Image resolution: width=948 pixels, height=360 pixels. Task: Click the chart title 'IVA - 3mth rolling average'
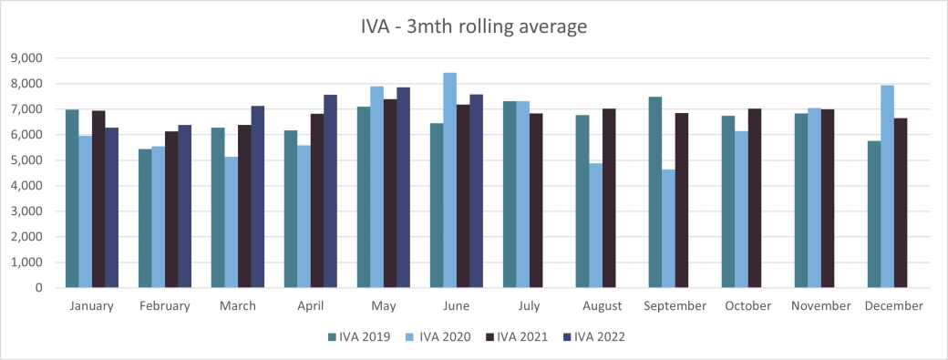(x=473, y=26)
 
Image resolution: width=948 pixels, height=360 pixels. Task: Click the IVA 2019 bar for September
(x=654, y=192)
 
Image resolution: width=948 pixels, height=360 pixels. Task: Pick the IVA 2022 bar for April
(x=330, y=191)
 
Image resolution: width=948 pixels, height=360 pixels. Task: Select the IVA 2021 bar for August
(x=609, y=199)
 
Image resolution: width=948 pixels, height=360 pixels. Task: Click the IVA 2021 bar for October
(x=755, y=199)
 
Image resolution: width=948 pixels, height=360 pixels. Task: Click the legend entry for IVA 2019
(x=359, y=337)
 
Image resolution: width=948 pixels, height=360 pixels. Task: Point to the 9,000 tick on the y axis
(x=30, y=58)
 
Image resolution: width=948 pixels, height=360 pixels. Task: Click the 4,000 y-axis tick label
(x=30, y=186)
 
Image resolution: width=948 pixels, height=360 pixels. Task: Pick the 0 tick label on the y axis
(x=40, y=288)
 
